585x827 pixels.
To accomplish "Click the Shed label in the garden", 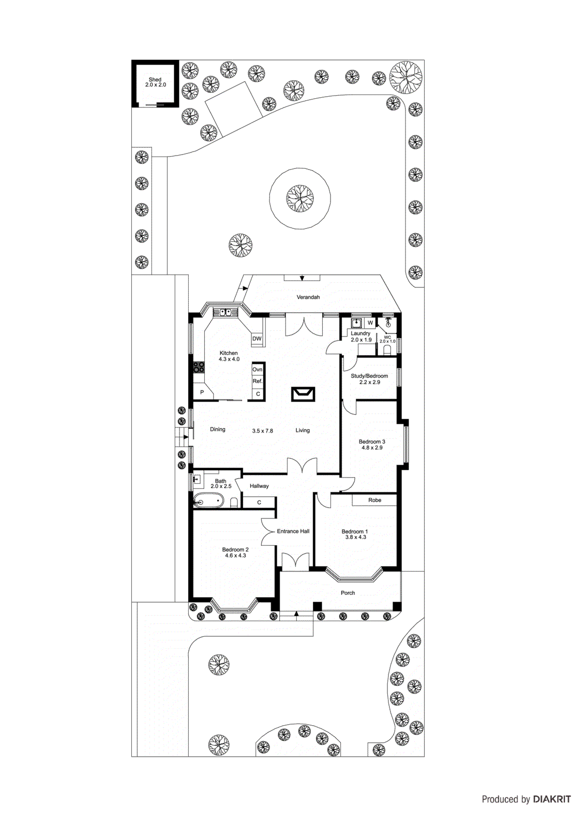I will [155, 80].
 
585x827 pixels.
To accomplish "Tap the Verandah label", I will [308, 297].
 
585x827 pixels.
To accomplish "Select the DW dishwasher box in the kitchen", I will [257, 339].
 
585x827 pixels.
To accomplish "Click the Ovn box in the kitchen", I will [258, 370].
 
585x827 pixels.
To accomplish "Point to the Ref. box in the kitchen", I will [258, 381].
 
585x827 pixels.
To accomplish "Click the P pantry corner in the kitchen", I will [202, 392].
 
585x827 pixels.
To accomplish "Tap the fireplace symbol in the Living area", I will [303, 394].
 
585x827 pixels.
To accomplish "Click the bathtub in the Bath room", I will [208, 500].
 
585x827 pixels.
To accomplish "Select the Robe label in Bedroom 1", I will [374, 500].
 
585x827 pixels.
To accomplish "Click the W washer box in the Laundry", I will [370, 323].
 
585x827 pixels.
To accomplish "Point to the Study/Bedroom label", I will [369, 376].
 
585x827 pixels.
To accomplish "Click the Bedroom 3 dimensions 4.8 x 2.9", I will [372, 448].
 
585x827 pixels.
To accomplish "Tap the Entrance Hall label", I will [293, 531].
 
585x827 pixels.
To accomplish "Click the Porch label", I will [348, 593].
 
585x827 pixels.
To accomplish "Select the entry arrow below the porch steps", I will [296, 614].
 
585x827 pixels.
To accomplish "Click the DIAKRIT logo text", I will [552, 799].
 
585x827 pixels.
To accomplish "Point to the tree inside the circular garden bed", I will [300, 198].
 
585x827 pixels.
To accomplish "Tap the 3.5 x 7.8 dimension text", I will [262, 431].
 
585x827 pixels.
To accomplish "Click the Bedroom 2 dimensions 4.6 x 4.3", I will [235, 556].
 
